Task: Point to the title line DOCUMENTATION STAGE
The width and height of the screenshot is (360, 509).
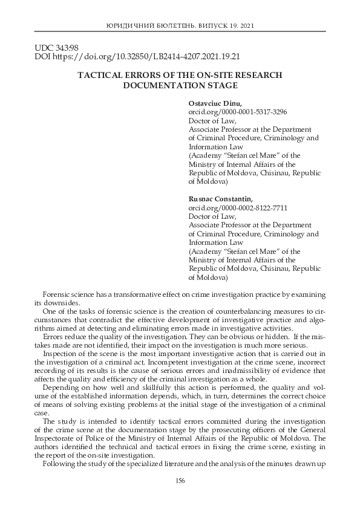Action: point(180,85)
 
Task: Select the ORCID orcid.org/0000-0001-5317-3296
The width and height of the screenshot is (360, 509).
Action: point(238,112)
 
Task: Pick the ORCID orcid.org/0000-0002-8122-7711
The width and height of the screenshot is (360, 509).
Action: point(238,207)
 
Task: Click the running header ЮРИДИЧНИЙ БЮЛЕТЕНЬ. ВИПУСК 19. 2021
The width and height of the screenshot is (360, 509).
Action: point(180,27)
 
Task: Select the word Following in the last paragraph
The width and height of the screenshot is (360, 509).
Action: point(62,464)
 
